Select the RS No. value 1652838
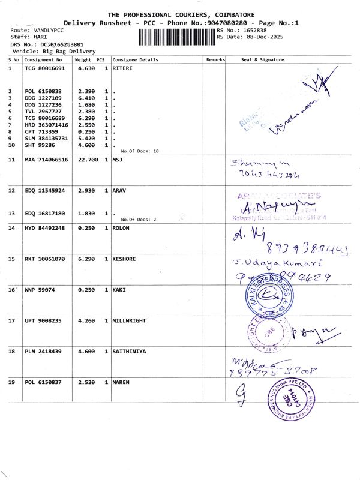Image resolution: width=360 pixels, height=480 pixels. pyautogui.click(x=255, y=29)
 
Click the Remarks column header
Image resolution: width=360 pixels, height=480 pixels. pyautogui.click(x=215, y=60)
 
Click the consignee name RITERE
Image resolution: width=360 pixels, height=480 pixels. pyautogui.click(x=123, y=68)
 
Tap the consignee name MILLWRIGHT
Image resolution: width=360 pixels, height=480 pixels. pyautogui.click(x=129, y=321)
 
